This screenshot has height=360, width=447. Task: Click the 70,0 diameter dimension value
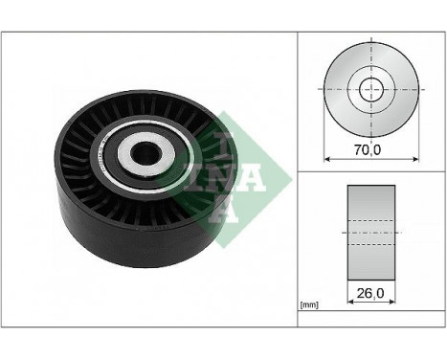[x=368, y=148]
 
